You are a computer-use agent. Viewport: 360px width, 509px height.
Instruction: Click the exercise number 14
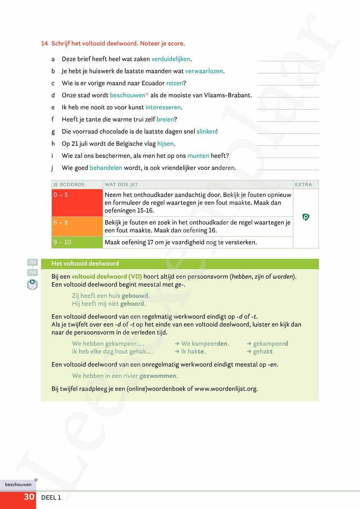click(x=44, y=44)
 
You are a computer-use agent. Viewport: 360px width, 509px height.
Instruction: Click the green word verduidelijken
click(x=171, y=59)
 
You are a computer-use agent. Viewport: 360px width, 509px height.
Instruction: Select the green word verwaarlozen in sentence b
click(x=204, y=71)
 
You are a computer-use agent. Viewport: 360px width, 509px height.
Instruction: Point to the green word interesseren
click(x=163, y=107)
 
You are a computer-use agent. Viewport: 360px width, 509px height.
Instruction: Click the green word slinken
click(x=206, y=131)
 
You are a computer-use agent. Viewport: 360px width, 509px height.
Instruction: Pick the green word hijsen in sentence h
click(x=166, y=144)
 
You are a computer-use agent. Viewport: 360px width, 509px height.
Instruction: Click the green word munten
click(x=198, y=156)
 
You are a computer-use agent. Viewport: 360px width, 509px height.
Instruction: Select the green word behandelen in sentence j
click(x=106, y=168)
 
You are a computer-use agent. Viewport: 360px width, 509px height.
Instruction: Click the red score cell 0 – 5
click(x=77, y=203)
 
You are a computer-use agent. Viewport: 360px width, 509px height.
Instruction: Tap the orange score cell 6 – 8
click(x=77, y=226)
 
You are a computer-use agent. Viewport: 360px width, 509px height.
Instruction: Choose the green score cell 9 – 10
click(x=77, y=242)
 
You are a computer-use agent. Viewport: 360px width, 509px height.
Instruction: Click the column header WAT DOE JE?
click(x=121, y=185)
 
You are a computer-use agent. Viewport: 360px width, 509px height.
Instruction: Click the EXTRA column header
click(x=303, y=185)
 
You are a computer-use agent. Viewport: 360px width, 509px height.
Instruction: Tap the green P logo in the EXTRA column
click(x=306, y=217)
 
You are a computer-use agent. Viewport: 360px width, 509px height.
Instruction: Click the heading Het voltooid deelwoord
click(x=85, y=263)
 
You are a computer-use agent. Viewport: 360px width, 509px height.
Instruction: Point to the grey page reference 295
click(x=32, y=262)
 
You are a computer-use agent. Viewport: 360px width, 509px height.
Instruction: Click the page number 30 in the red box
click(x=29, y=497)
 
